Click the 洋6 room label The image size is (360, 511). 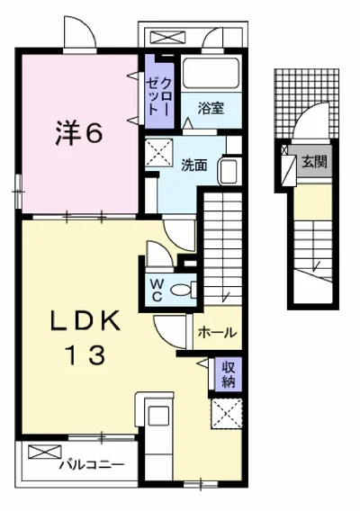[79, 133]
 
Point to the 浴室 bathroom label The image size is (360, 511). [211, 108]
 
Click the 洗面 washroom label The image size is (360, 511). [194, 166]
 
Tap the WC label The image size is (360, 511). [157, 291]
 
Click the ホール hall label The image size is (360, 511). [217, 332]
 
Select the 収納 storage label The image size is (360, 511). [229, 373]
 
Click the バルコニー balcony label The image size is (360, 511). [92, 464]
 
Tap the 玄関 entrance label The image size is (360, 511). [314, 161]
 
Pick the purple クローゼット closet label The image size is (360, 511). [158, 96]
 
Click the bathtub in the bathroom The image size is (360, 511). [211, 73]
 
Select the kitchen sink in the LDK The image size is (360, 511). [158, 416]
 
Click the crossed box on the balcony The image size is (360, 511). [45, 452]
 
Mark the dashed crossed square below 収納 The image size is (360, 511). [227, 414]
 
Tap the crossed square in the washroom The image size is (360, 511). [158, 153]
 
